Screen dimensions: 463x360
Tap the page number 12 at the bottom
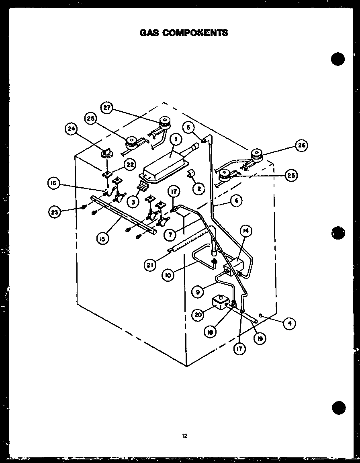tap(184, 436)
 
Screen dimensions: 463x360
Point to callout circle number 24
tap(71, 129)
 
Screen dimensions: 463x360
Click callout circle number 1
tap(176, 139)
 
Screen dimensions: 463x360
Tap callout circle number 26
tap(301, 145)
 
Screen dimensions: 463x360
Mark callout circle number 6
tap(237, 200)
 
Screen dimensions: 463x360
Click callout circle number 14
tap(246, 230)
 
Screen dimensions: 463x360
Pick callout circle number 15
tap(102, 239)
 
